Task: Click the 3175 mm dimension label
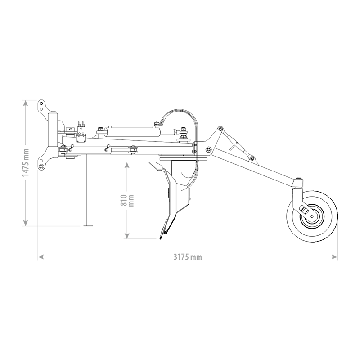click(x=188, y=257)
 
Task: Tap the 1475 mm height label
click(x=26, y=163)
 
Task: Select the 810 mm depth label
click(x=127, y=200)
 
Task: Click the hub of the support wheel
click(x=312, y=216)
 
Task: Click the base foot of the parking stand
click(x=88, y=226)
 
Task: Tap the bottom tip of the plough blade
click(x=161, y=239)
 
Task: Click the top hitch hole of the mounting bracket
click(x=41, y=103)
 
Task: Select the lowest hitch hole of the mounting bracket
click(x=41, y=166)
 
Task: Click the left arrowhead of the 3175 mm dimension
click(x=40, y=257)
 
